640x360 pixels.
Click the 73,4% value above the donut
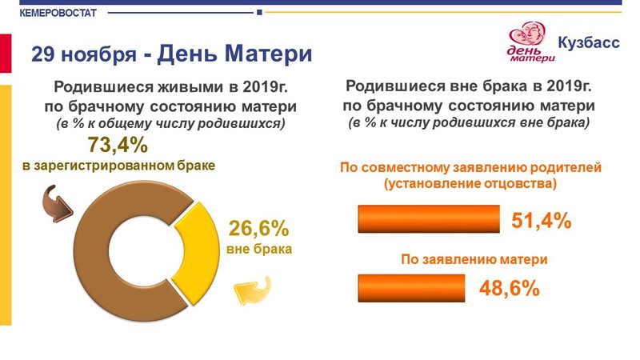point(118,145)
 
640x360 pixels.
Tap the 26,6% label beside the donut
point(258,228)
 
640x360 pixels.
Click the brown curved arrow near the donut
point(57,204)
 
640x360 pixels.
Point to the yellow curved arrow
point(253,290)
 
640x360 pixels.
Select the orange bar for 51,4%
point(429,218)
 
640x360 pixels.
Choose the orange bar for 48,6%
point(411,288)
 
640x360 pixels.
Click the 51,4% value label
point(542,221)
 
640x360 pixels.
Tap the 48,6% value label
point(510,288)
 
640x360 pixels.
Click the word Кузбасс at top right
point(589,42)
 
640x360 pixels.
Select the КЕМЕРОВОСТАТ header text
point(58,13)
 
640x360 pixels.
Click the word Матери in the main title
point(269,54)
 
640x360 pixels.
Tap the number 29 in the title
point(43,54)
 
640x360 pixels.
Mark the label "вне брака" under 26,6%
point(259,249)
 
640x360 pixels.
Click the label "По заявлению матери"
point(474,259)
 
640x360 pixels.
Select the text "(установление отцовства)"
point(470,184)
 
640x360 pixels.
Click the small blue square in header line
point(259,13)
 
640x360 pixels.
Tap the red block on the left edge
point(6,54)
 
